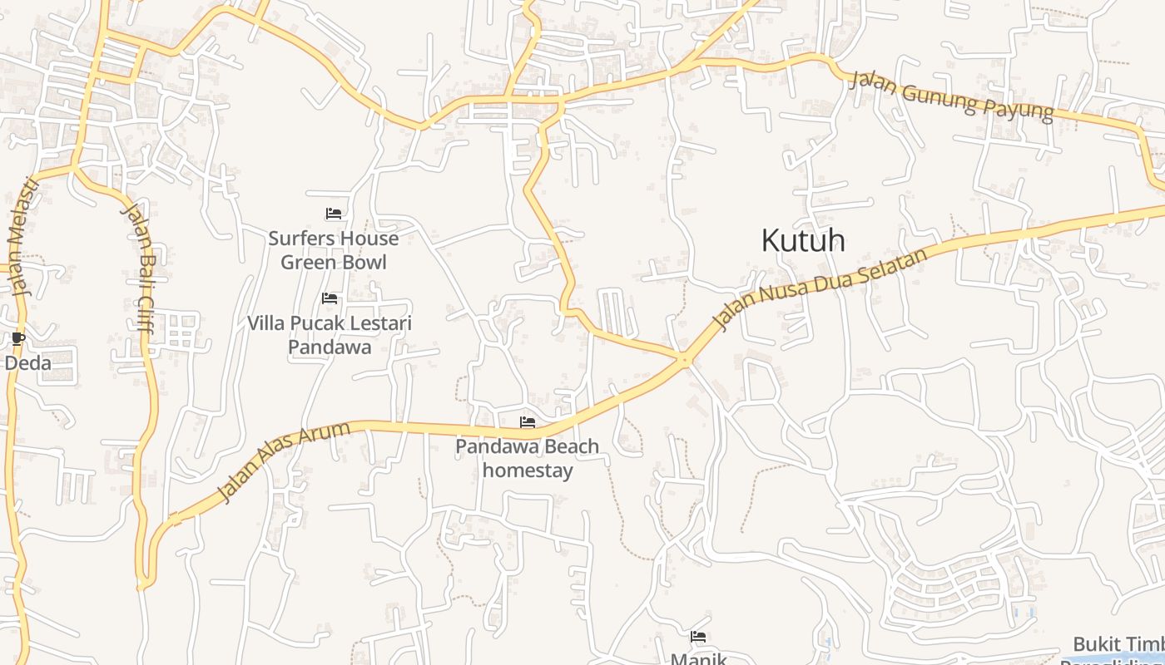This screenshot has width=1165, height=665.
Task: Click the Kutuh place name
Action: tap(803, 240)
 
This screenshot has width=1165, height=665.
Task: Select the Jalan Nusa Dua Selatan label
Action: tap(820, 290)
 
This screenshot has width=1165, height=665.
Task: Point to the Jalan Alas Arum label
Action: tap(284, 461)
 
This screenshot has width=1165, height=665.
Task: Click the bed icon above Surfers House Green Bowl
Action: tap(334, 214)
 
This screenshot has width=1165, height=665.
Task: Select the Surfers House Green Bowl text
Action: tap(333, 250)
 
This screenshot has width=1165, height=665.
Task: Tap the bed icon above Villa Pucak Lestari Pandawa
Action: tap(330, 298)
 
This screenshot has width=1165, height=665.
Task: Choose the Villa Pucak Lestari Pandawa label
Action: tap(330, 335)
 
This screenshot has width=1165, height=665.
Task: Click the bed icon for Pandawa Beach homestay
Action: tap(528, 422)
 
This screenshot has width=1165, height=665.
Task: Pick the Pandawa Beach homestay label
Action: tap(528, 458)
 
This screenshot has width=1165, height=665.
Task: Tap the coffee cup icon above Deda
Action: tap(18, 338)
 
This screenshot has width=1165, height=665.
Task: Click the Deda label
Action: tap(28, 363)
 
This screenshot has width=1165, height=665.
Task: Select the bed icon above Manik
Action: tap(698, 637)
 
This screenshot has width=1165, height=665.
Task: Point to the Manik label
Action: tap(699, 658)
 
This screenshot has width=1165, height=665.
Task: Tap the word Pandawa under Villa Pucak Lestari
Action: tap(330, 347)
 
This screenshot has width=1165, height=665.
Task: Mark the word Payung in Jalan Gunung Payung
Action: tap(1019, 107)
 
